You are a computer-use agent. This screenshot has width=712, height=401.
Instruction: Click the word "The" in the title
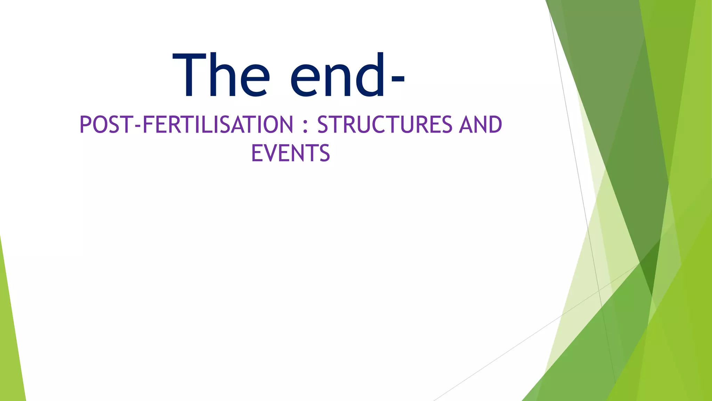[x=221, y=74]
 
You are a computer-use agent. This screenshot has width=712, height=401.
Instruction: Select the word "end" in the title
[x=337, y=74]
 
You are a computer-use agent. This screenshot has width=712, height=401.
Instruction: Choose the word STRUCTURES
[x=385, y=125]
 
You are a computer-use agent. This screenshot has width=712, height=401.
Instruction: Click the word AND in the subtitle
[x=480, y=125]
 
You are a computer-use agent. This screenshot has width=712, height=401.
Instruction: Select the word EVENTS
[x=290, y=153]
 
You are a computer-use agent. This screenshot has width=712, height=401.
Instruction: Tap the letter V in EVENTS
[x=269, y=153]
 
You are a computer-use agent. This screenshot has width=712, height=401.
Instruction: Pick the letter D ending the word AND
[x=495, y=125]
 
